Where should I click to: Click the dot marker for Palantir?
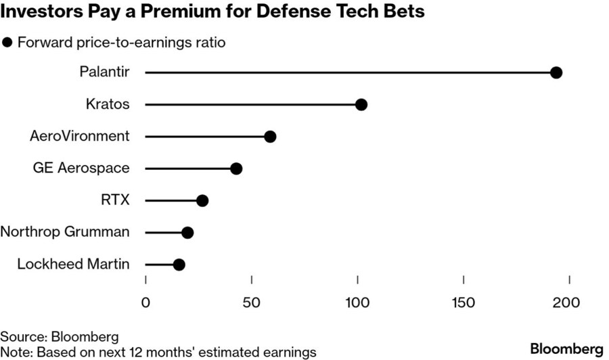[x=556, y=72]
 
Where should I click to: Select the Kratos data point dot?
[x=361, y=104]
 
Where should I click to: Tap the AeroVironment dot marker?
[x=270, y=137]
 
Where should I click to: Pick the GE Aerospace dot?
[x=236, y=168]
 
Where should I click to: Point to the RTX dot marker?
[x=202, y=200]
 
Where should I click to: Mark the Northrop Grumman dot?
[x=187, y=233]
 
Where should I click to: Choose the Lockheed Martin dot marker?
[x=179, y=265]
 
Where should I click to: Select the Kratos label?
[x=108, y=104]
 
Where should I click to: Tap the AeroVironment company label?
[x=80, y=136]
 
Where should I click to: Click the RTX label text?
[x=114, y=200]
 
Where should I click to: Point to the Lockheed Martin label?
[x=73, y=264]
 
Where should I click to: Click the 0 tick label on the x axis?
[x=145, y=302]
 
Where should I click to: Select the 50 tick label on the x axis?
[x=252, y=302]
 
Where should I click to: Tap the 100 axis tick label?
[x=357, y=302]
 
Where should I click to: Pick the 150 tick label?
[x=464, y=302]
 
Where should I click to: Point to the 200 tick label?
[x=570, y=302]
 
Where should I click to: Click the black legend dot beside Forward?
[x=8, y=42]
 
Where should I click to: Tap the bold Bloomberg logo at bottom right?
[x=566, y=348]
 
